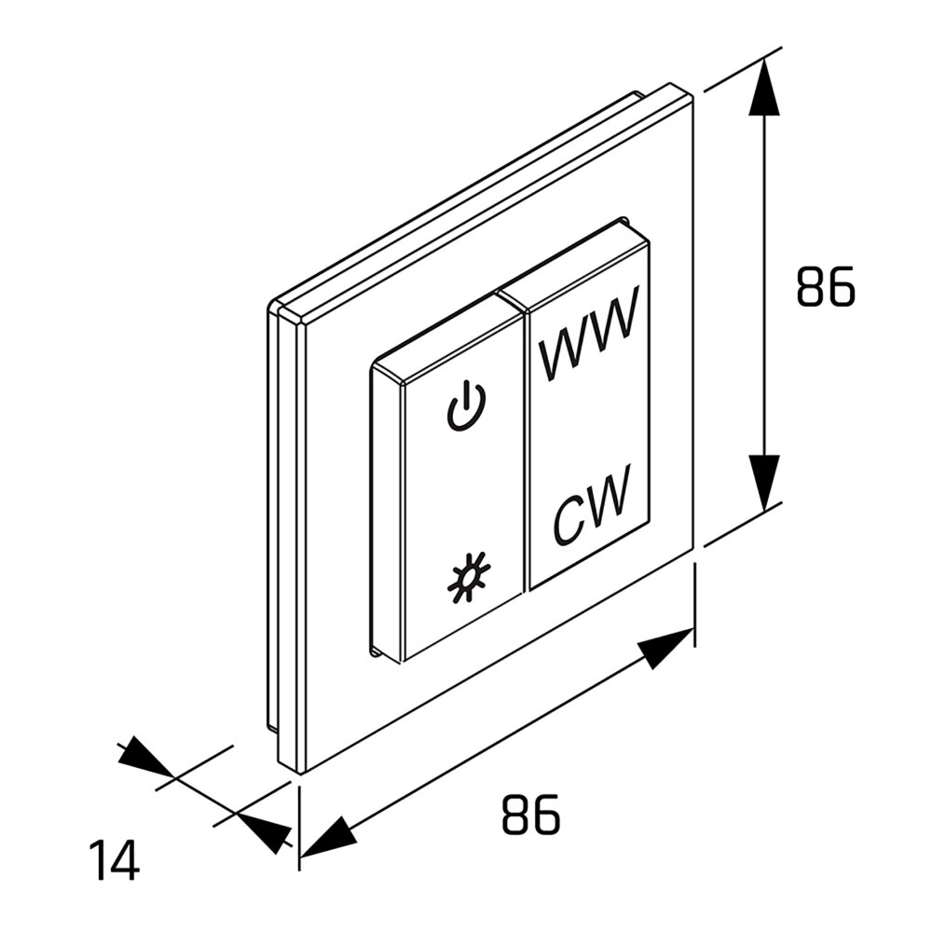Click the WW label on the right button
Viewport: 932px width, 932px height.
pyautogui.click(x=588, y=333)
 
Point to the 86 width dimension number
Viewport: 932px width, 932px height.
pyautogui.click(x=531, y=814)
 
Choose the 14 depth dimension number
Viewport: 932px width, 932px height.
pyautogui.click(x=114, y=859)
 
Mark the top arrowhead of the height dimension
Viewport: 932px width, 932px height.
pyautogui.click(x=764, y=86)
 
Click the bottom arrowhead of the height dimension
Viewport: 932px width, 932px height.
pyautogui.click(x=764, y=483)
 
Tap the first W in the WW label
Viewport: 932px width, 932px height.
pyautogui.click(x=562, y=348)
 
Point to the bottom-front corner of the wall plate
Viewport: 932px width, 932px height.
pyautogui.click(x=299, y=774)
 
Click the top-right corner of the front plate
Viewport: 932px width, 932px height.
pyautogui.click(x=693, y=96)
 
